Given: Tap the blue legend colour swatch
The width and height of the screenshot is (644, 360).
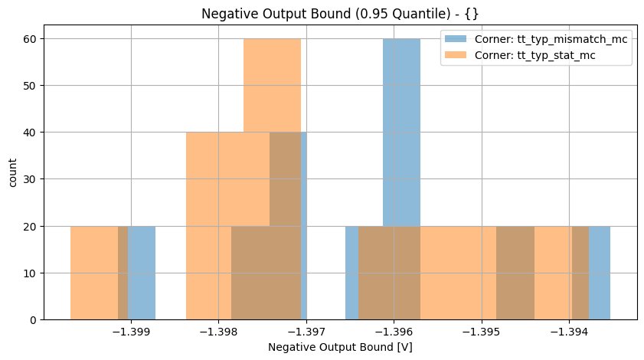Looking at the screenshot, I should pyautogui.click(x=457, y=40).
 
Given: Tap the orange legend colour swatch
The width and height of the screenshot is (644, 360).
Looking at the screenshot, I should pyautogui.click(x=457, y=57).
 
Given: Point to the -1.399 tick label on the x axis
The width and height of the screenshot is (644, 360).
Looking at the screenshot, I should pyautogui.click(x=131, y=332).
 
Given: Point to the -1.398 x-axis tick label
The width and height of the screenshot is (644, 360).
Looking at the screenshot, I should pyautogui.click(x=218, y=332).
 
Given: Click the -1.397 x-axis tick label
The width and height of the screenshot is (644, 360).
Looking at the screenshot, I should pyautogui.click(x=306, y=332).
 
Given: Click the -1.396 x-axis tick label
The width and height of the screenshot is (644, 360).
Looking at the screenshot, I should pyautogui.click(x=394, y=332).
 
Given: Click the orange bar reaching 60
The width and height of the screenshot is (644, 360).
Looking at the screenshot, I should pyautogui.click(x=272, y=84).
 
